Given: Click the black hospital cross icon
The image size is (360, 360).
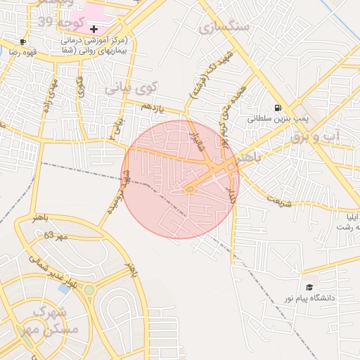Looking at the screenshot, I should pyautogui.click(x=94, y=29).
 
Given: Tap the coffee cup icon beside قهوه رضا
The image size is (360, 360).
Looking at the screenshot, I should pyautogui.click(x=23, y=42).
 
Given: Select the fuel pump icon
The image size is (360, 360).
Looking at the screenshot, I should pyautogui.click(x=279, y=108).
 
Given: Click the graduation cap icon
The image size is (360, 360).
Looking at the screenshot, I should pyautogui.click(x=309, y=287).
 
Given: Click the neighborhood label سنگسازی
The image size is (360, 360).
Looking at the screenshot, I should pyautogui.click(x=224, y=27).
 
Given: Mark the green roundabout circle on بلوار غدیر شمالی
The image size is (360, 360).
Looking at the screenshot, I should pyautogui.click(x=89, y=289).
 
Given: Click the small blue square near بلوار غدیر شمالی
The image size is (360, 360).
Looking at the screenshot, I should pyautogui.click(x=64, y=288).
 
